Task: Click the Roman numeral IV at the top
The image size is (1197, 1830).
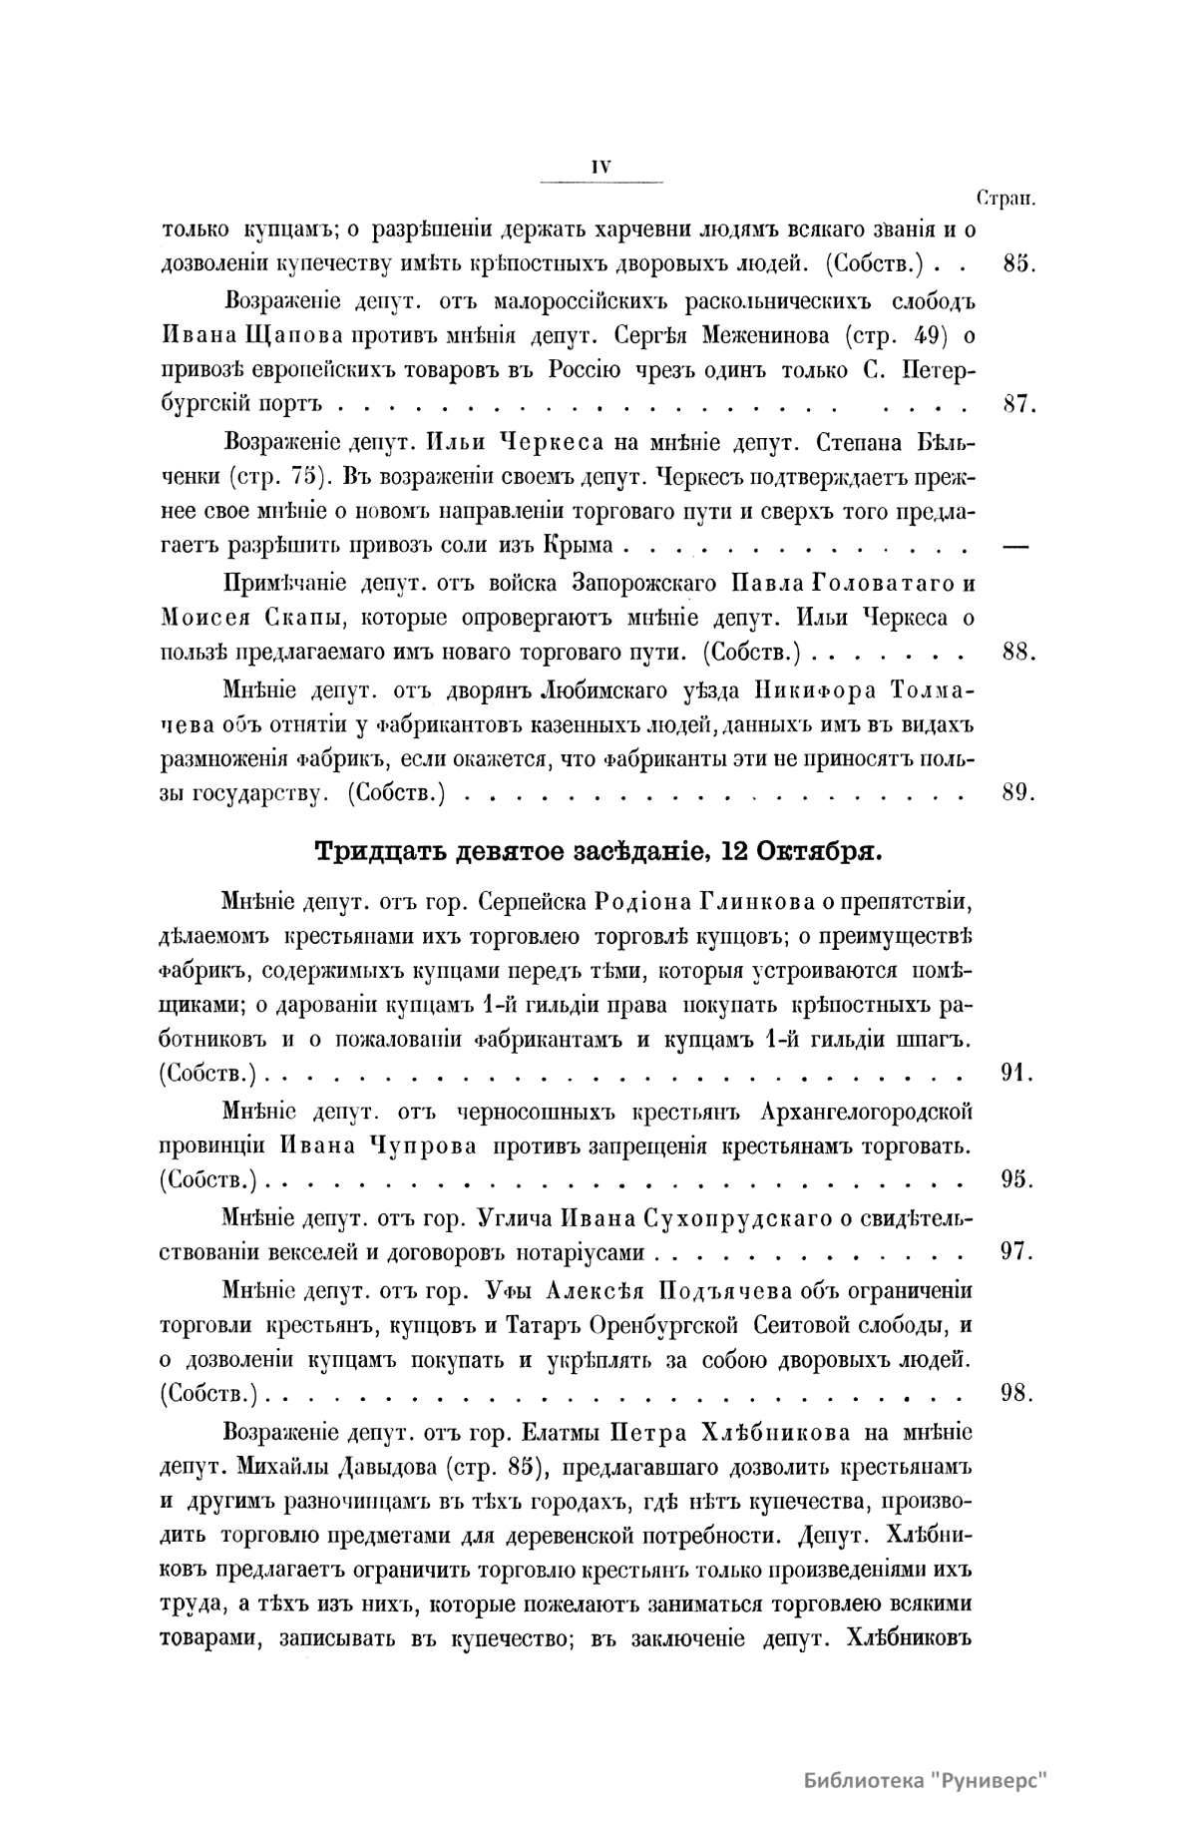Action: click(x=600, y=169)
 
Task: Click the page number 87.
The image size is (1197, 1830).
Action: click(x=1015, y=405)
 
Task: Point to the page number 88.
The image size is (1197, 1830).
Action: click(x=1015, y=652)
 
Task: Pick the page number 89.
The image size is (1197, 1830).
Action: click(x=1015, y=793)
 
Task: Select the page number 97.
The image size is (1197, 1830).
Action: click(x=1015, y=1251)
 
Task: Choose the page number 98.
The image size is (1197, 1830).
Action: click(x=1015, y=1393)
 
